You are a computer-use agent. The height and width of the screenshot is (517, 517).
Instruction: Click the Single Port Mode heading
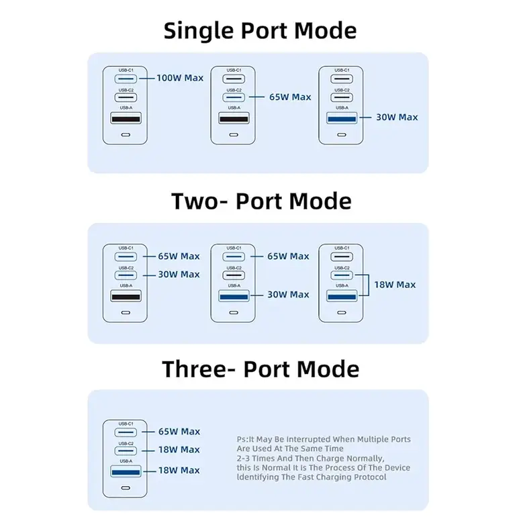click(260, 31)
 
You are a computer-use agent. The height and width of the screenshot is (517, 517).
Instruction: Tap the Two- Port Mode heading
click(261, 201)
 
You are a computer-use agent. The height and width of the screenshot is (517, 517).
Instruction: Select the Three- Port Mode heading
click(261, 369)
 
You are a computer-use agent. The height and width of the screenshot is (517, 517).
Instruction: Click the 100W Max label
click(180, 78)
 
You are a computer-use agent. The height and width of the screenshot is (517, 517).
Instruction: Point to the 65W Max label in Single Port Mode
click(290, 97)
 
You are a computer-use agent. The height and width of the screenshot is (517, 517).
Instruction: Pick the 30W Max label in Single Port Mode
click(397, 117)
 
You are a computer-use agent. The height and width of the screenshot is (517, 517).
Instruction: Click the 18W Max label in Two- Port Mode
click(395, 285)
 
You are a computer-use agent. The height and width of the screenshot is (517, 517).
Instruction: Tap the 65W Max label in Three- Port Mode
click(179, 432)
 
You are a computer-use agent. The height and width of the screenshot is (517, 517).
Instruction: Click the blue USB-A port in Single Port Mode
click(342, 118)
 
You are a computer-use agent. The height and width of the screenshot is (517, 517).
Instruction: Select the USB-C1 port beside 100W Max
click(126, 79)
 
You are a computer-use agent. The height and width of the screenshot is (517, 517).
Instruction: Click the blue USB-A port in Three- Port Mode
click(126, 471)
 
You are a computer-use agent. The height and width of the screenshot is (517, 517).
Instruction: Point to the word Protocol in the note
click(370, 477)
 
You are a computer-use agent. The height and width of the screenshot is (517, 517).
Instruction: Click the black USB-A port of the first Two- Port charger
click(126, 296)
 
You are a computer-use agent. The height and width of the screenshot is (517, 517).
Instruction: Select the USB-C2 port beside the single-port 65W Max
click(234, 97)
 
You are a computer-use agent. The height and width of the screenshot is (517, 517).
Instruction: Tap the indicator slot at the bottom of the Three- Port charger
click(126, 488)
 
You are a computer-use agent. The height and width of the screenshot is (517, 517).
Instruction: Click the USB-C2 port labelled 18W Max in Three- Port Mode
click(126, 451)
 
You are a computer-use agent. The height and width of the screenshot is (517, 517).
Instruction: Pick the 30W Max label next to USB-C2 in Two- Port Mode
click(179, 275)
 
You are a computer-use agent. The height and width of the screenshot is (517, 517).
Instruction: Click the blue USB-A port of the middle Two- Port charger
click(234, 296)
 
